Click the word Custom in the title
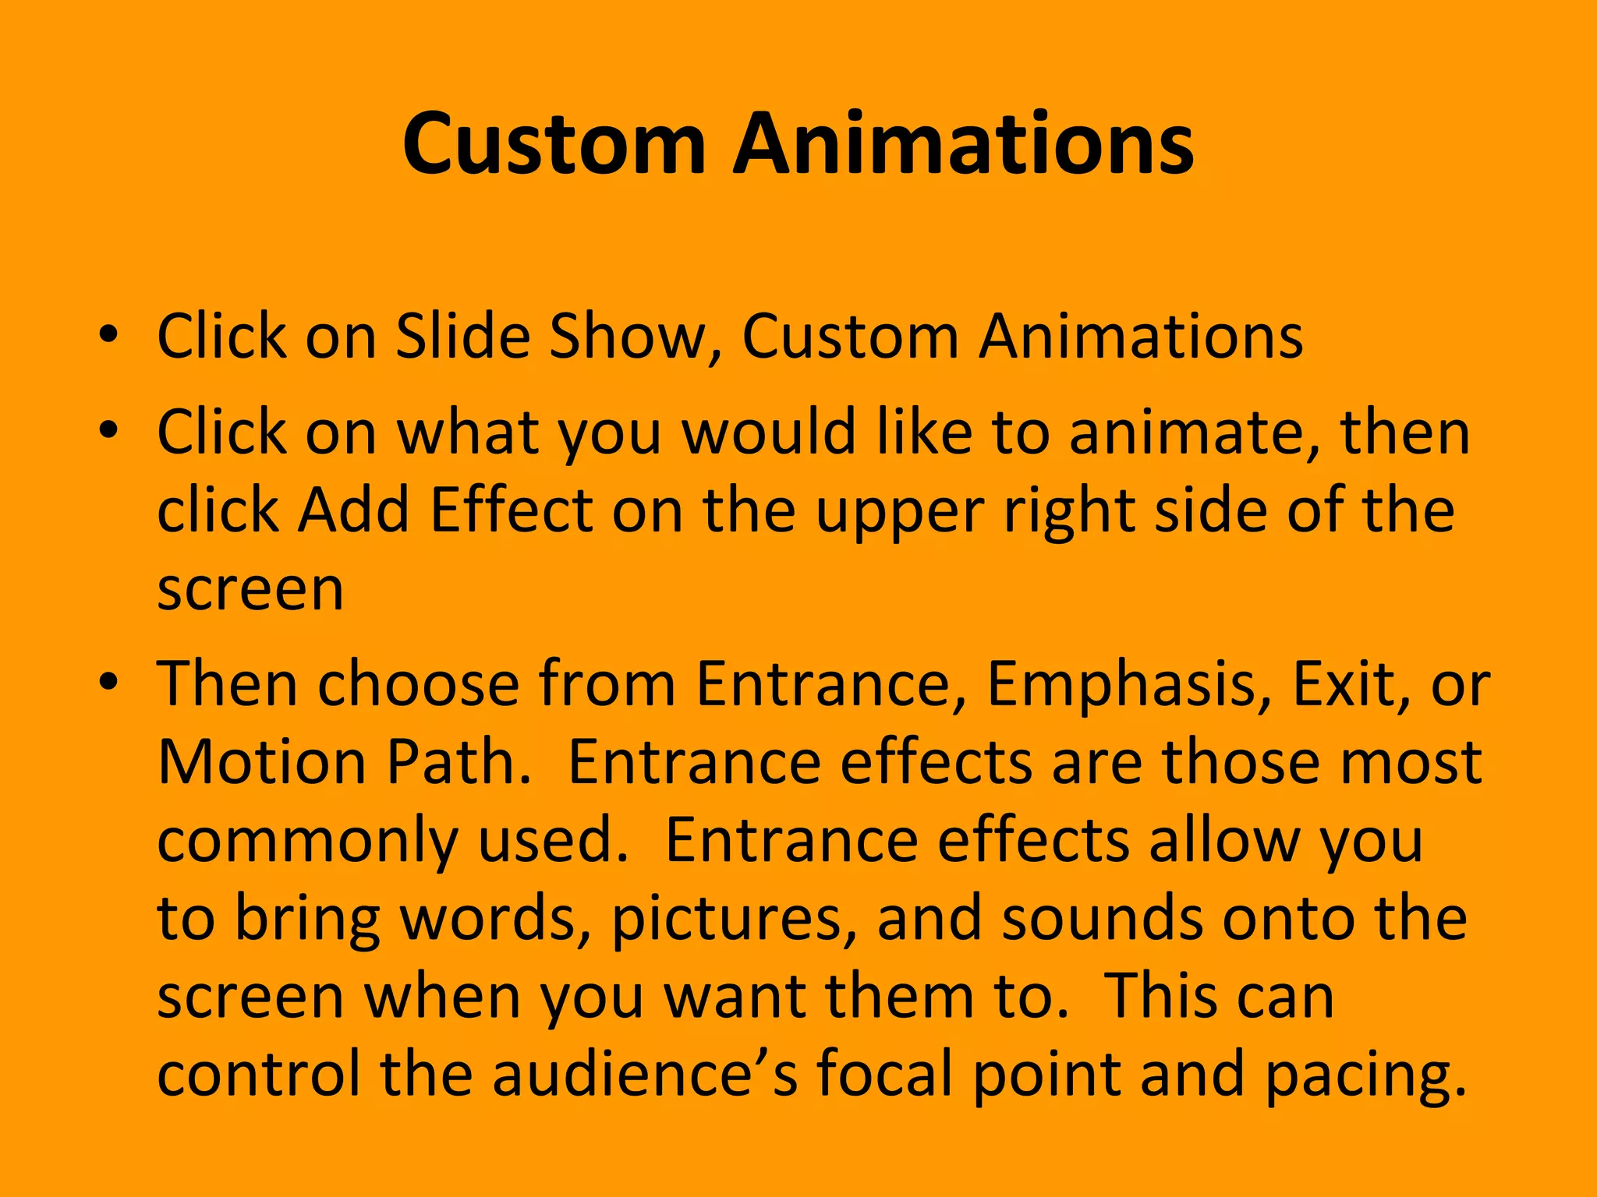554,145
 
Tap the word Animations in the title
963,145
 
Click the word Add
354,510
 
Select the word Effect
511,510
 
